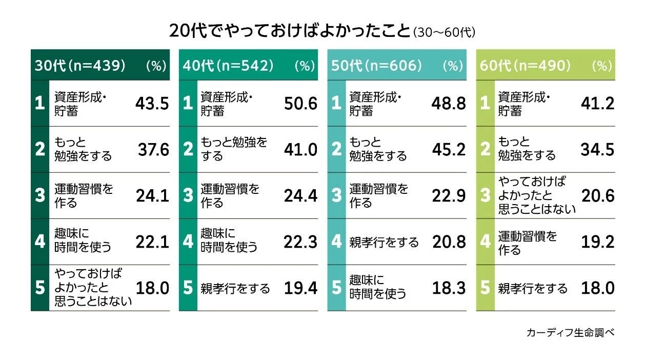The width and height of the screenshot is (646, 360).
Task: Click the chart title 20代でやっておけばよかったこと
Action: click(290, 31)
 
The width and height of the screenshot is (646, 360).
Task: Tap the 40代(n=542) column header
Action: click(229, 65)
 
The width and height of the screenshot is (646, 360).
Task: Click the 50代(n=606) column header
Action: click(377, 65)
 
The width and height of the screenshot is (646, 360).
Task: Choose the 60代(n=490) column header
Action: click(526, 65)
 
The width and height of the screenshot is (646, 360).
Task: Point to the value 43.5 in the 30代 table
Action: click(152, 104)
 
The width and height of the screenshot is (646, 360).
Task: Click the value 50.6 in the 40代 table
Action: click(300, 104)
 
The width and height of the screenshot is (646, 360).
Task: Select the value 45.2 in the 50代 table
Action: click(449, 149)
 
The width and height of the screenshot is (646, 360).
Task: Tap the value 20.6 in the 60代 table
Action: click(597, 195)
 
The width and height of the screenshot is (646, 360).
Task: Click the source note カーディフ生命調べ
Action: click(570, 332)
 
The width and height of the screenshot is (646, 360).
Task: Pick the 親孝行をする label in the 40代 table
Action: click(235, 288)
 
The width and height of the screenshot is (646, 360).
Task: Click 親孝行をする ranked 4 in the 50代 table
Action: click(383, 242)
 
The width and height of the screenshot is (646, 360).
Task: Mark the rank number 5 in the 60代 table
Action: click(485, 288)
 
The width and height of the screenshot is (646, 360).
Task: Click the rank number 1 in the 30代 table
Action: click(39, 104)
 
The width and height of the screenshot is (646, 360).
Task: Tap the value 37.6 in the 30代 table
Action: click(153, 149)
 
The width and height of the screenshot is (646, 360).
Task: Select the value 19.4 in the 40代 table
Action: click(300, 288)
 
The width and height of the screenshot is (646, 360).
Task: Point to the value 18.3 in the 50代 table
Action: click(449, 288)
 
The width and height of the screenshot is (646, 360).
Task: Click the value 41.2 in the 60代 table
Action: click(597, 104)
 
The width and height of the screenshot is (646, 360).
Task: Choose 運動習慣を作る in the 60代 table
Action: click(527, 243)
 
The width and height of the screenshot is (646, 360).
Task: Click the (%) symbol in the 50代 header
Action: click(453, 66)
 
